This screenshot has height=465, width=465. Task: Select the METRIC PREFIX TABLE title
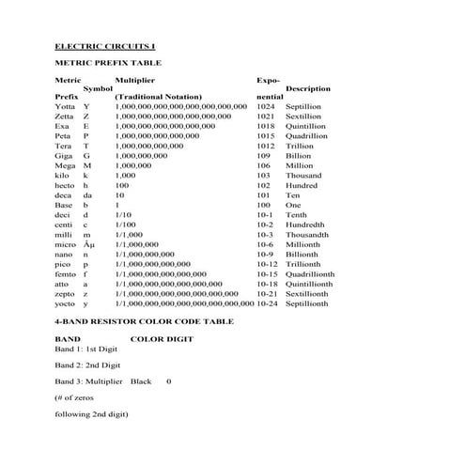tap(108, 63)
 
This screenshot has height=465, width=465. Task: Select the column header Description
tap(308, 88)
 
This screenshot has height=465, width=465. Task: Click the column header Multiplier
tap(134, 81)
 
